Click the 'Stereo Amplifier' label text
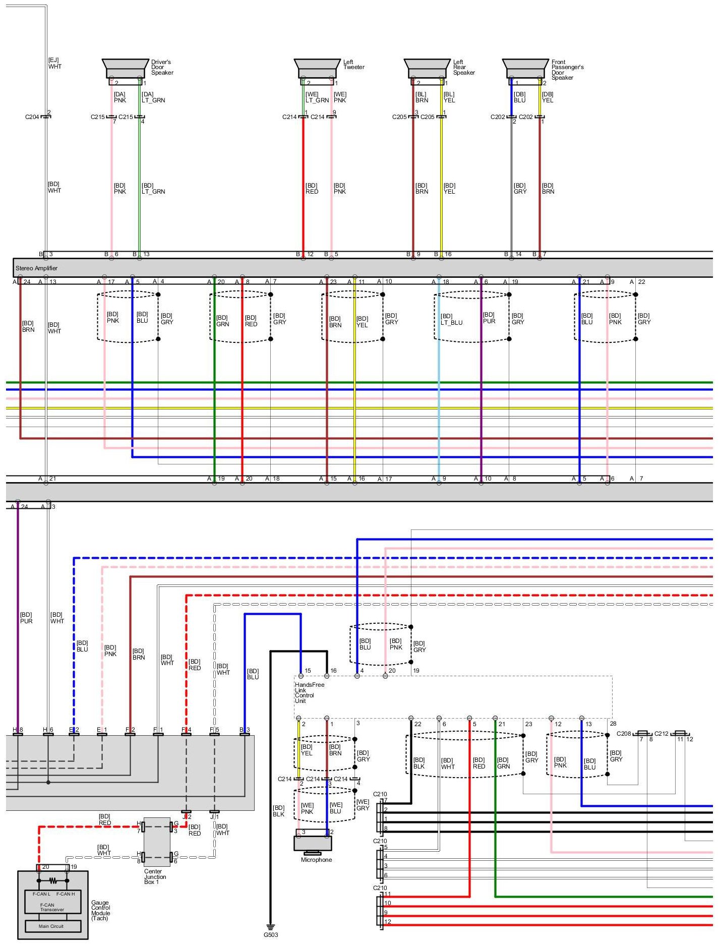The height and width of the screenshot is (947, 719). [x=36, y=268]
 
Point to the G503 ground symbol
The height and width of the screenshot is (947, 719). [x=271, y=927]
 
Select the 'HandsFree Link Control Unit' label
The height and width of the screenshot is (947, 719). [x=309, y=692]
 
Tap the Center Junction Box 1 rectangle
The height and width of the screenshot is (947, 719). [x=157, y=842]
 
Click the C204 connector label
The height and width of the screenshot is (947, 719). [x=32, y=117]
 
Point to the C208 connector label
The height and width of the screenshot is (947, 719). [x=624, y=734]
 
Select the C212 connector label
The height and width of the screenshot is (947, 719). [x=661, y=734]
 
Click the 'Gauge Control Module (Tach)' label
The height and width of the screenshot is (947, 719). [x=100, y=910]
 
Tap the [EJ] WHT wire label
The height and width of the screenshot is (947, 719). [x=54, y=64]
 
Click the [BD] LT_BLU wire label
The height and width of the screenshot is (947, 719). [x=451, y=319]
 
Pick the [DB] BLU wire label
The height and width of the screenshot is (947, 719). [x=519, y=97]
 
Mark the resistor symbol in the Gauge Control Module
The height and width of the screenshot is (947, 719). [x=52, y=881]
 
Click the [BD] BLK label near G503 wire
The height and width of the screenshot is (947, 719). [x=278, y=811]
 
